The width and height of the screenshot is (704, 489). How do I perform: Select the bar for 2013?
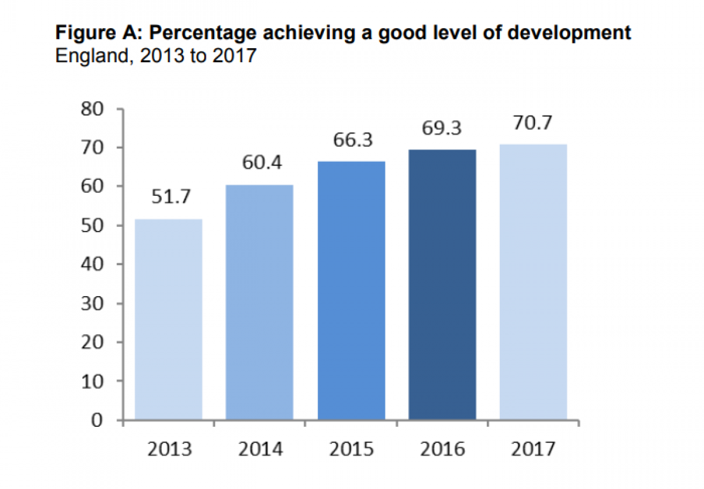(x=168, y=320)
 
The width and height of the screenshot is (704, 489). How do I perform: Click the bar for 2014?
(x=259, y=303)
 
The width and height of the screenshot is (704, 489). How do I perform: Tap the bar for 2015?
(x=351, y=291)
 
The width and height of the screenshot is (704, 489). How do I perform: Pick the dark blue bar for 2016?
(x=442, y=285)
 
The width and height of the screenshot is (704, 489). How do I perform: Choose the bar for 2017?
(x=533, y=282)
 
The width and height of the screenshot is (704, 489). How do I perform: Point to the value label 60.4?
(x=259, y=162)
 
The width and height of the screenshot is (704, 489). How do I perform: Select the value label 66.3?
(x=351, y=140)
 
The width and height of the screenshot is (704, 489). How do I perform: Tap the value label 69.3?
(x=442, y=128)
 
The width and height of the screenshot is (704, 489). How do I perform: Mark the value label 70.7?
(x=533, y=123)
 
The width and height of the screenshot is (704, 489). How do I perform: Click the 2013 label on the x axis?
(x=168, y=450)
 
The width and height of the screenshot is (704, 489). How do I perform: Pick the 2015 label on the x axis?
(x=351, y=450)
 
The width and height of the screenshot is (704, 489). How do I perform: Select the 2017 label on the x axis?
(x=533, y=450)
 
